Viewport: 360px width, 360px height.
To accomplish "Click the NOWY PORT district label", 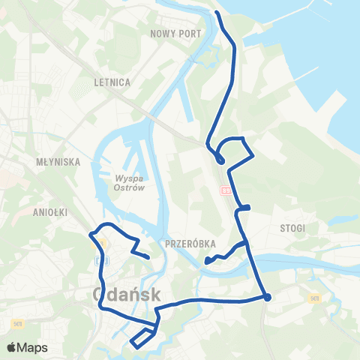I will point(175,34).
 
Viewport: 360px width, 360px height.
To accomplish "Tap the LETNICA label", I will point(113,82).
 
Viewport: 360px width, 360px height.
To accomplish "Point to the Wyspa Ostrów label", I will point(134,183).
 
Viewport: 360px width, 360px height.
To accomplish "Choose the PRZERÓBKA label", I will point(189,244).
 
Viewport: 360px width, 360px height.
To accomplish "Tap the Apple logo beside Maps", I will point(13,347).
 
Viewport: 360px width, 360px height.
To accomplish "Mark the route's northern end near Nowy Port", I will point(217,13).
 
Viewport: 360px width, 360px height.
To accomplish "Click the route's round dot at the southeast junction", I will point(268,297).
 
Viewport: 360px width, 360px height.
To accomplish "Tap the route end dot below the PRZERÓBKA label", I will point(206,261).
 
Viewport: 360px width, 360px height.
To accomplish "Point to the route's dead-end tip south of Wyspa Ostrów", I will point(148,258).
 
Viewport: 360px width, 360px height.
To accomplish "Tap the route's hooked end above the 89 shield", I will point(220,160).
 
